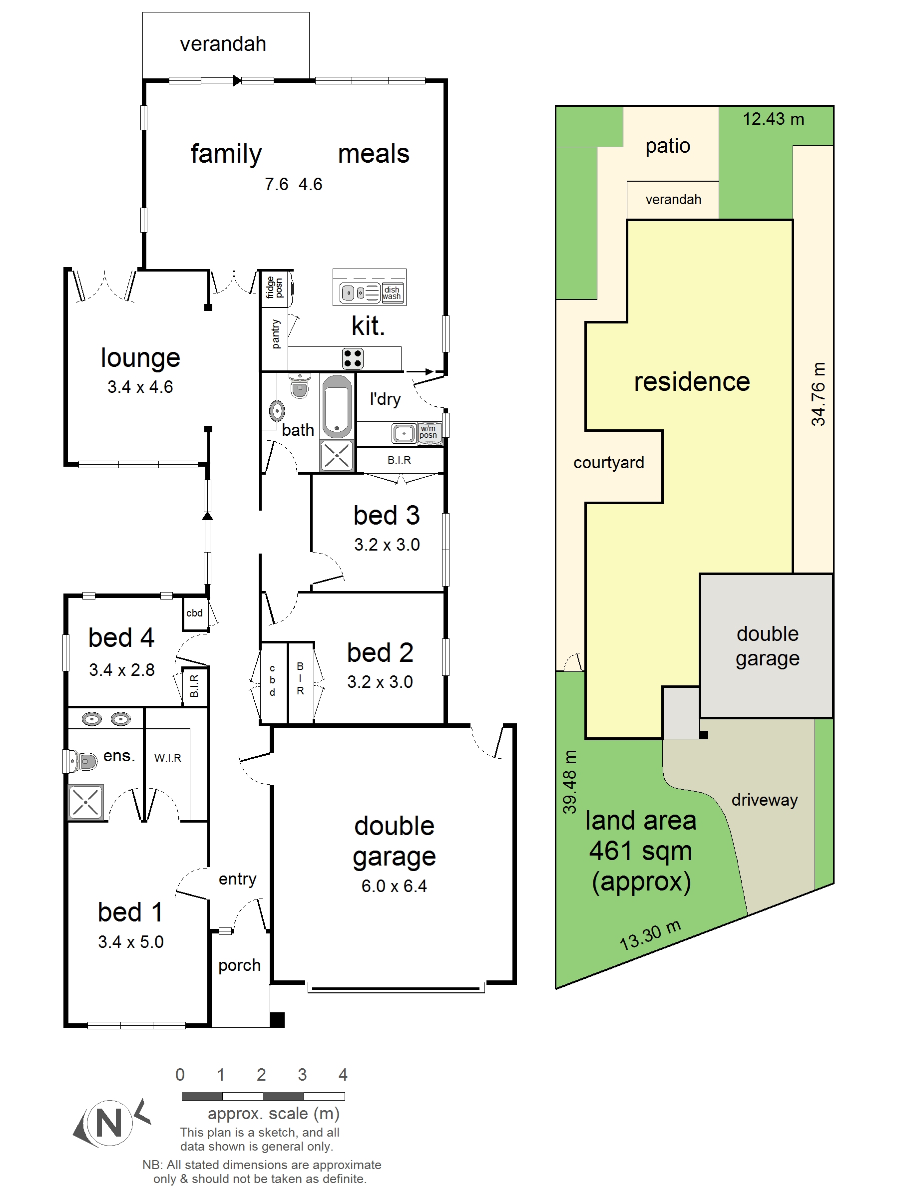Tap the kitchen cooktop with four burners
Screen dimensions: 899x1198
coord(352,358)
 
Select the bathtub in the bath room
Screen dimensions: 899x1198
coord(337,406)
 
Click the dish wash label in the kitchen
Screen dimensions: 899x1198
coord(392,293)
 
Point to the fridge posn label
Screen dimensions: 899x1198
coord(275,288)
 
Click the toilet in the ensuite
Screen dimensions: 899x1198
coord(81,761)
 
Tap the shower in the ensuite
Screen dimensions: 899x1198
coord(85,802)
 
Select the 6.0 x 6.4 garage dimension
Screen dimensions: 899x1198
coord(394,886)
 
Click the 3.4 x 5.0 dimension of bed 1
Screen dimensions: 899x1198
coord(130,942)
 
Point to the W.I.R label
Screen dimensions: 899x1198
coord(167,758)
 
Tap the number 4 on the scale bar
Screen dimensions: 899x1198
coord(343,1075)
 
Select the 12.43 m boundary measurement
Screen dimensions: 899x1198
coord(773,119)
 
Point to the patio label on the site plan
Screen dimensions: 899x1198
coord(668,146)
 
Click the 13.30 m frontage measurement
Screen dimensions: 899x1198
coord(650,936)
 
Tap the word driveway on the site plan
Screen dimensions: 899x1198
coord(765,801)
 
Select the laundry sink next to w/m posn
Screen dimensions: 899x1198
coord(404,433)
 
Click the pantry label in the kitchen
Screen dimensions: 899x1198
coord(276,333)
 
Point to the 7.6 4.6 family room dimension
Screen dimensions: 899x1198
coord(293,184)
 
